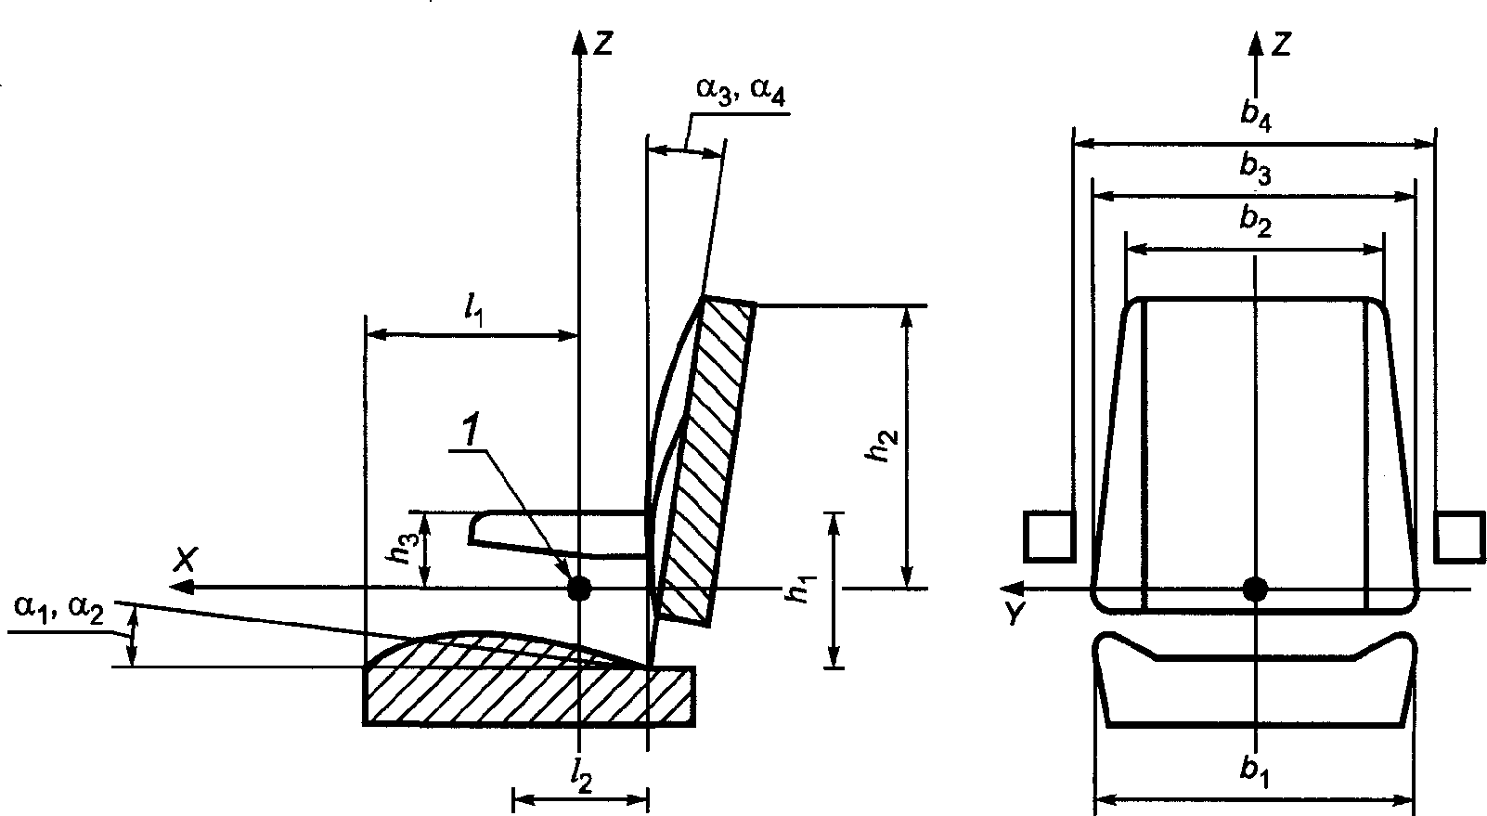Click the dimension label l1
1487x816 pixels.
(474, 311)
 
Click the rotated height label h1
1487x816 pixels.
(800, 589)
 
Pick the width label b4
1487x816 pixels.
(1256, 115)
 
